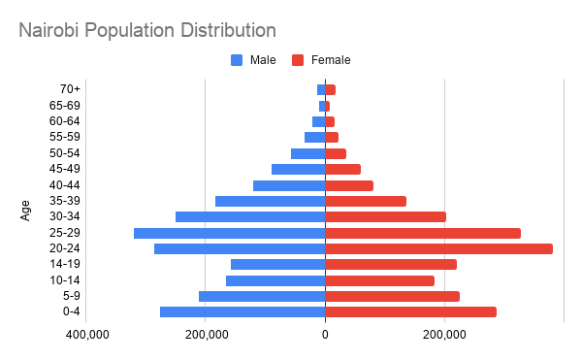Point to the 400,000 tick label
86,335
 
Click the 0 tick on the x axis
325,335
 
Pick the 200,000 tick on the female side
444,335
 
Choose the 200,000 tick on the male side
206,335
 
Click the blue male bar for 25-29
229,233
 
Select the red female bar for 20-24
438,248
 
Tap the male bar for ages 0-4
242,311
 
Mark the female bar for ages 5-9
392,296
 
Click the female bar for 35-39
366,201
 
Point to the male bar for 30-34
250,216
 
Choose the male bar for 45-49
298,169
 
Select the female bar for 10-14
379,280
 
